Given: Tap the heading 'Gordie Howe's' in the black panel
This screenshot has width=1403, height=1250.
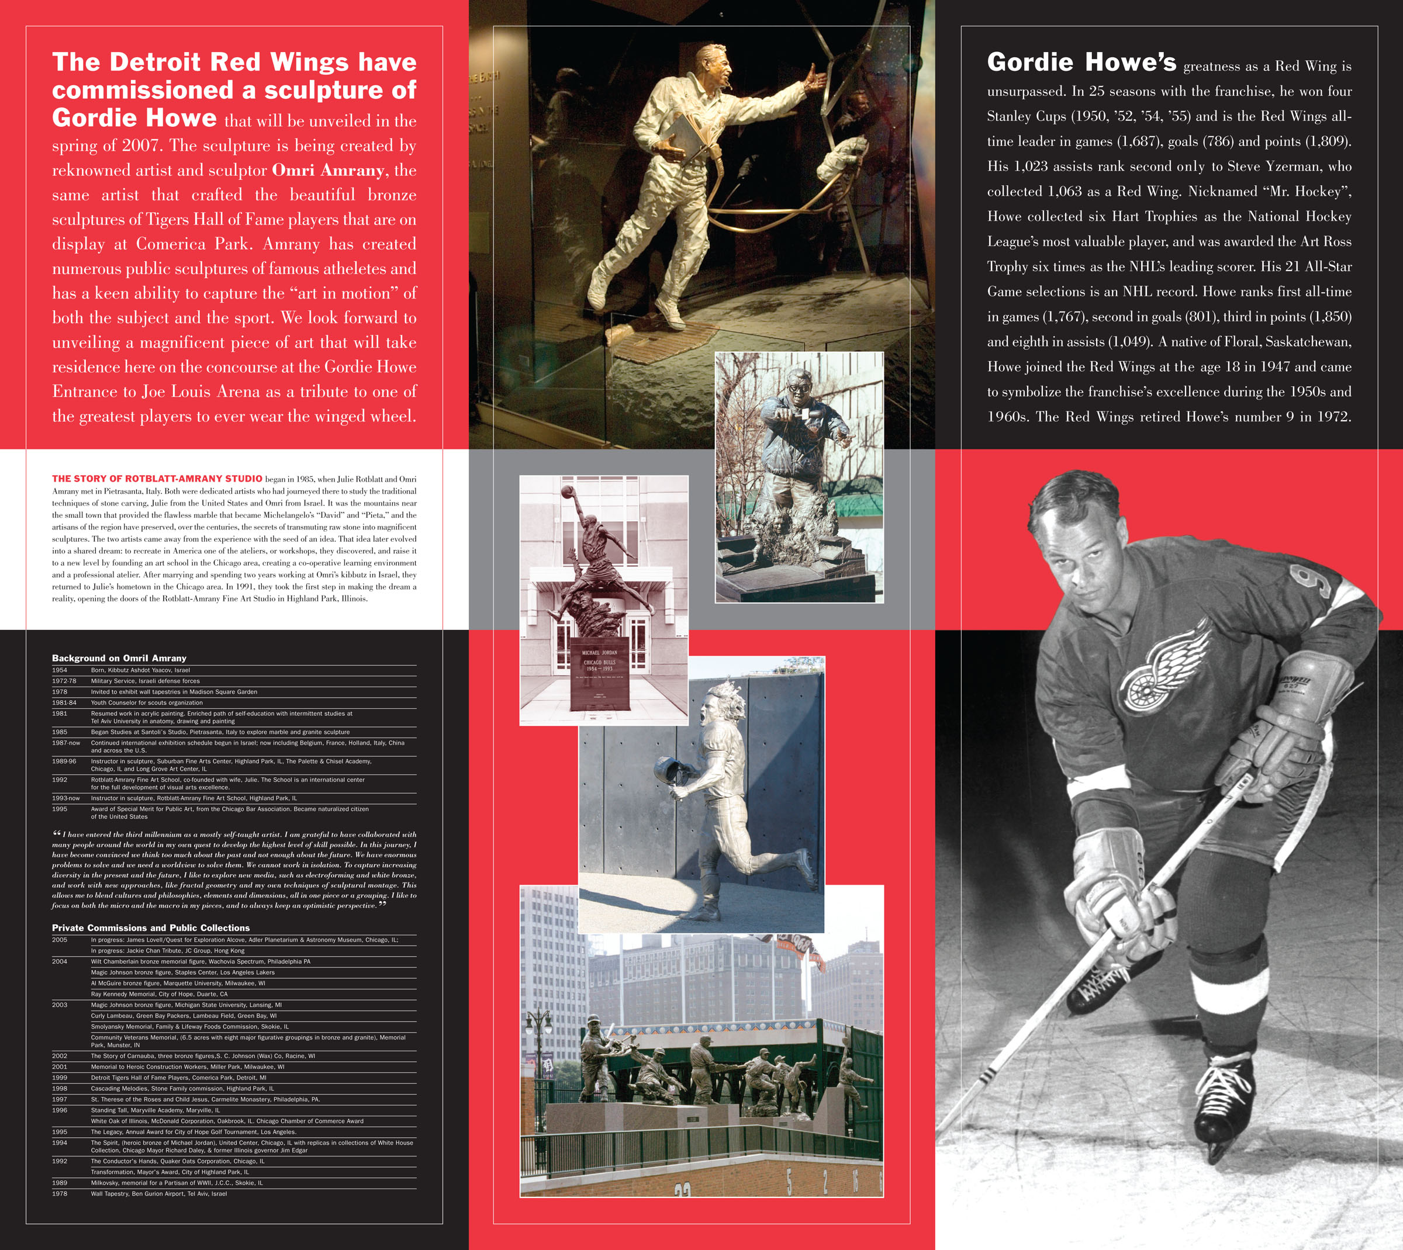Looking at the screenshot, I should tap(1081, 63).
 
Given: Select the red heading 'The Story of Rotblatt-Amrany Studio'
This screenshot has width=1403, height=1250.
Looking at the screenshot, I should tap(157, 479).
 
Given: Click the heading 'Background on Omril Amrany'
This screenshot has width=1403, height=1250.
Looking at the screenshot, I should tap(119, 658).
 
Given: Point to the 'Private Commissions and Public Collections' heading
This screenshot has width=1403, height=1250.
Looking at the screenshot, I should tap(150, 928).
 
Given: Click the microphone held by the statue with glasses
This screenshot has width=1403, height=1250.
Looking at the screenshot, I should tap(803, 415).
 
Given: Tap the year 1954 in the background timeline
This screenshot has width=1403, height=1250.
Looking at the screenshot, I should tap(60, 670).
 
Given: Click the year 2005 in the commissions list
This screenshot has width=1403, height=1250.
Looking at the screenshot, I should tap(60, 940).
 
